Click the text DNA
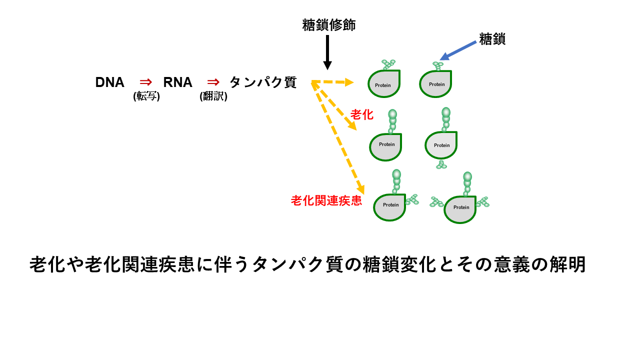109,82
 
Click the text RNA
177,82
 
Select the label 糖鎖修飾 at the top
328,25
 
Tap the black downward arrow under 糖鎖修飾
327,52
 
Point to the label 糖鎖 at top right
492,39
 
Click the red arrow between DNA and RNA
145,82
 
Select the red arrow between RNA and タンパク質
213,82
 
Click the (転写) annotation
146,96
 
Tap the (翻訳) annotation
213,96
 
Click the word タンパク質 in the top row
263,82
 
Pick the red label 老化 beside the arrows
361,114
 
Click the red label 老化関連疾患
326,201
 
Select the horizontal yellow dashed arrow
332,82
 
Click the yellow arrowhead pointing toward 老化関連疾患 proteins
360,189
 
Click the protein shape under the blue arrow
435,84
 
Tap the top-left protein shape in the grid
384,84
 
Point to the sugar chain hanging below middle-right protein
441,164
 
